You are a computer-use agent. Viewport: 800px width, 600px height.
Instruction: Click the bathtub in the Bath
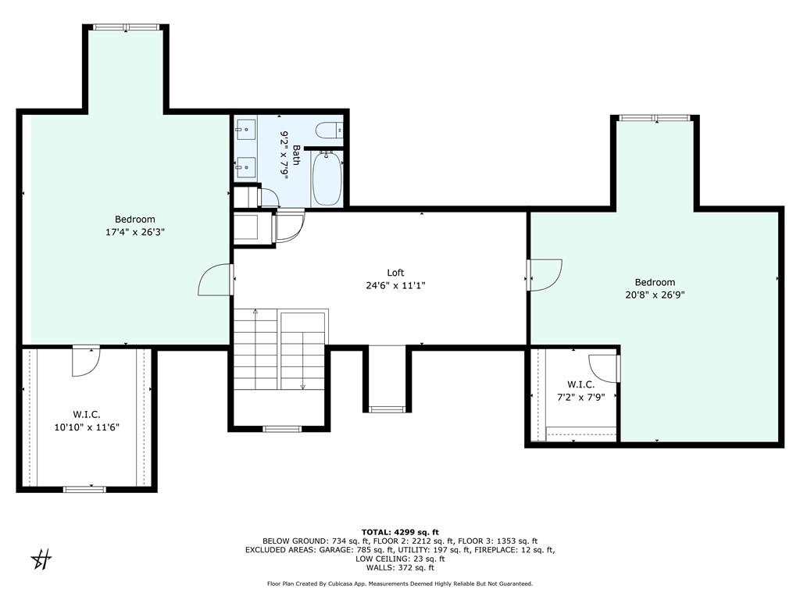click(327, 180)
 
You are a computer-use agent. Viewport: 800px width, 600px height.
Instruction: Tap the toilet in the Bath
click(325, 130)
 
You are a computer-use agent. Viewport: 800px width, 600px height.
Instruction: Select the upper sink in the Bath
click(246, 129)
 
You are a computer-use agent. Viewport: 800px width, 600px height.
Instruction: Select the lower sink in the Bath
click(246, 167)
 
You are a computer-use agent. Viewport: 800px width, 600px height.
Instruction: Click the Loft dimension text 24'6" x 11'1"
click(395, 286)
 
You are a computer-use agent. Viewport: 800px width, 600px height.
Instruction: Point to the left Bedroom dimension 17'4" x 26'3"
click(135, 232)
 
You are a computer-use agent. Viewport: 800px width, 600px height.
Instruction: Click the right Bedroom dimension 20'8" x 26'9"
click(655, 295)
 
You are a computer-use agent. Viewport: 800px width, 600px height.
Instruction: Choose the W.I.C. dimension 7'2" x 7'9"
click(580, 397)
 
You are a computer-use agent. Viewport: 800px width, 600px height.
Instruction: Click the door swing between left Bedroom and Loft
click(216, 280)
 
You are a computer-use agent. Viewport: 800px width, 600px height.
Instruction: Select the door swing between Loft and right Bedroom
click(544, 274)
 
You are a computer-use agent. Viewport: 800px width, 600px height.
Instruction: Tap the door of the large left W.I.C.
click(85, 360)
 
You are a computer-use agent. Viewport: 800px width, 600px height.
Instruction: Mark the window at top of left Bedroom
click(126, 27)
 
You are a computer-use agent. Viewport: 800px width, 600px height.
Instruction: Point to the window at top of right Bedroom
click(655, 118)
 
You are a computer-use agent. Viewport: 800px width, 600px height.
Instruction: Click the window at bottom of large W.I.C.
click(84, 489)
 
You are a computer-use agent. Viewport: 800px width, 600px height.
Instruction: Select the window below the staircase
click(282, 428)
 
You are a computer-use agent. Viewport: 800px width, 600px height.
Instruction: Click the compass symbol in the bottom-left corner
click(41, 559)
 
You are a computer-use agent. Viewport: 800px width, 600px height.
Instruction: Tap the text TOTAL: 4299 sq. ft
click(400, 532)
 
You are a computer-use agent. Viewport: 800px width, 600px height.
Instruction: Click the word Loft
click(395, 273)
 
